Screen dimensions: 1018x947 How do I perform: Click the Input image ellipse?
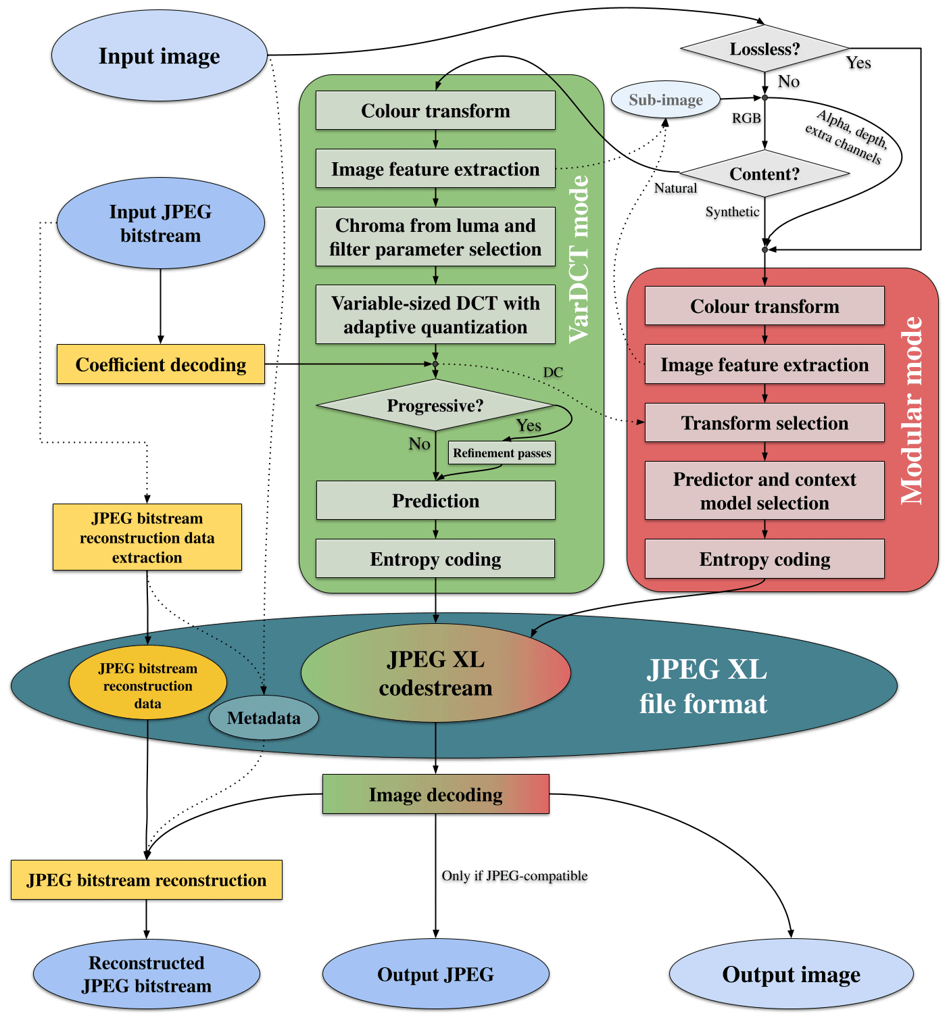[x=160, y=55]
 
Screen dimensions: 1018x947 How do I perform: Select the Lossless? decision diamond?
[x=764, y=49]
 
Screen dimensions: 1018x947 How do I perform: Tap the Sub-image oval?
[x=666, y=100]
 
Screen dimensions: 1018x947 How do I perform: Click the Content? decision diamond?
[x=764, y=174]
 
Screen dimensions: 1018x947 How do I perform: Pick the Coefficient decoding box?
[x=161, y=364]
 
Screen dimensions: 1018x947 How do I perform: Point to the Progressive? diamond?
[x=435, y=405]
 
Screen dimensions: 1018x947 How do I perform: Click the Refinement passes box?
[x=502, y=453]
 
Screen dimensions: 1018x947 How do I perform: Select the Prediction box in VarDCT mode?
[x=435, y=500]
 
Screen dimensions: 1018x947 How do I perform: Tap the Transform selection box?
[x=764, y=422]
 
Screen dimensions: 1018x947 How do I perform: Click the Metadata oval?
[x=264, y=717]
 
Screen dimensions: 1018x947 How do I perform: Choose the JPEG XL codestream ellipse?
[x=435, y=673]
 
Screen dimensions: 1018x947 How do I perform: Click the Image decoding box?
[x=435, y=794]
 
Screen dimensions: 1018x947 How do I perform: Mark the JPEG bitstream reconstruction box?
[x=147, y=879]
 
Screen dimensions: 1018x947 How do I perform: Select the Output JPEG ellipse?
[x=435, y=974]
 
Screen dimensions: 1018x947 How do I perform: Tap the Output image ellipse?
[x=791, y=974]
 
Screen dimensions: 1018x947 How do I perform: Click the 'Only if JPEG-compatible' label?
[x=514, y=875]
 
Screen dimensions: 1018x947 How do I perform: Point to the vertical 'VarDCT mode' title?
[x=579, y=260]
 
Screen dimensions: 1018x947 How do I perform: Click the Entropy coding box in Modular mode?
[x=764, y=559]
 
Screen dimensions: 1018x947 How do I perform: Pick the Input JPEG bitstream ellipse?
[x=161, y=223]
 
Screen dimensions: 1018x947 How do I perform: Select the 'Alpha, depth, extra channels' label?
[x=846, y=137]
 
